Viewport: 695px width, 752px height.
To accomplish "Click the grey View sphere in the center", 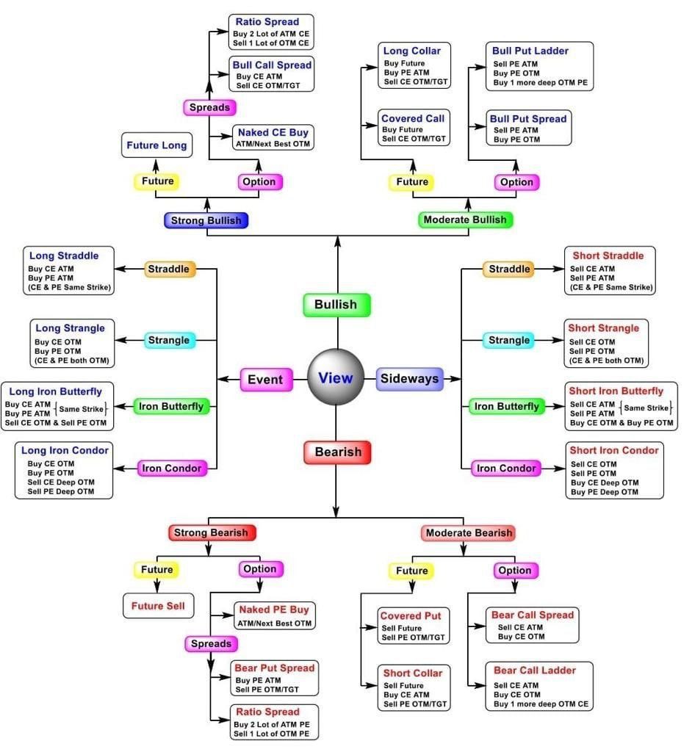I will [336, 377].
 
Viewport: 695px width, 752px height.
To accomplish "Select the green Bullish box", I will [336, 304].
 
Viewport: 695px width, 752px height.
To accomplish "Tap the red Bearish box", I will [337, 452].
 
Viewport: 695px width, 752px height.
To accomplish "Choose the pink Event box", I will [264, 379].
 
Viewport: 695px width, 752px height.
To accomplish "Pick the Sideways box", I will [409, 379].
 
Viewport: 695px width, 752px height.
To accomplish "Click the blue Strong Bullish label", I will [206, 220].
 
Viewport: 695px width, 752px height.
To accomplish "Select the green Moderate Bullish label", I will [465, 219].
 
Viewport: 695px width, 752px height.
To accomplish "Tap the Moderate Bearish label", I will [468, 532].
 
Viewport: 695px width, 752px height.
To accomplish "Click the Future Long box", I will [156, 145].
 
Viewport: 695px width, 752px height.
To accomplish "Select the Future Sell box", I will [157, 606].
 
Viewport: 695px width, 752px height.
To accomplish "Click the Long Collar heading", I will [411, 51].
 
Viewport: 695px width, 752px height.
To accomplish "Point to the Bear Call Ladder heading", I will [534, 670].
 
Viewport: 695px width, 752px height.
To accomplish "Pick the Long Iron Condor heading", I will [65, 449].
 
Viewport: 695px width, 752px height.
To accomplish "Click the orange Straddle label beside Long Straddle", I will [168, 269].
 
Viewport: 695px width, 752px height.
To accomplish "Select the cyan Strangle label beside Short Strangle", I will [508, 340].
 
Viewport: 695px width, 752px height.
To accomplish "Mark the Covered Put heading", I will [410, 615].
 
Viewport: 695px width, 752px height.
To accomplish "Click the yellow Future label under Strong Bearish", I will [156, 569].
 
